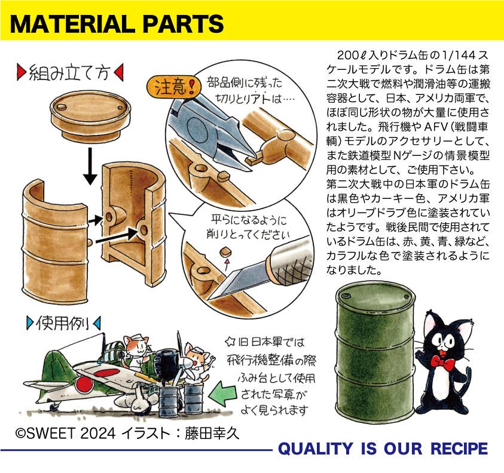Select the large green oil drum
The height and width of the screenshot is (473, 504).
point(375,351)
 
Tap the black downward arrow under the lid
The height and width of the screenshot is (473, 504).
point(90,165)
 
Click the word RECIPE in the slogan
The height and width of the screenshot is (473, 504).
point(459,449)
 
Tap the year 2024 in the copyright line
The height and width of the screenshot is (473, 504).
point(97,433)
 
